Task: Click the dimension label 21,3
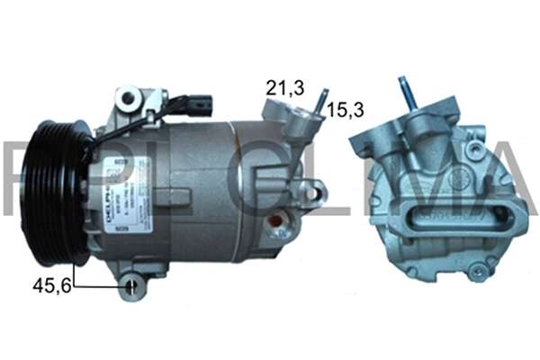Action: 283,88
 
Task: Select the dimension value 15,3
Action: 346,111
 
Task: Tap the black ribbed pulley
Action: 55,196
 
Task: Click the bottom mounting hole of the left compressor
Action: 133,286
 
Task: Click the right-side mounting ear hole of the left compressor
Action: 311,190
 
